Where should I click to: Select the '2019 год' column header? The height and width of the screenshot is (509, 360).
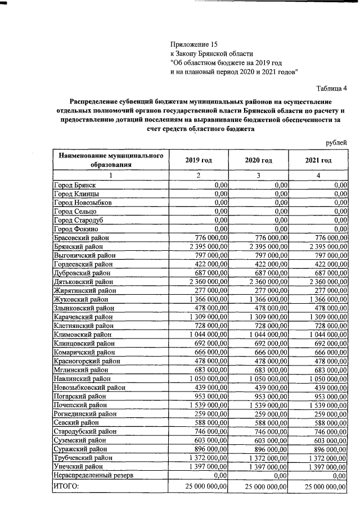pyautogui.click(x=198, y=160)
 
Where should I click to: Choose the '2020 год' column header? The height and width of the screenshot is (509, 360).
pyautogui.click(x=258, y=160)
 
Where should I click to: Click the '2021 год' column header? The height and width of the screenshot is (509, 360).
pyautogui.click(x=318, y=160)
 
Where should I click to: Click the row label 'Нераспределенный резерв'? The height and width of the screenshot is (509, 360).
pyautogui.click(x=93, y=475)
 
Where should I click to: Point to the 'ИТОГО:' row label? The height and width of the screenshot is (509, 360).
pyautogui.click(x=66, y=485)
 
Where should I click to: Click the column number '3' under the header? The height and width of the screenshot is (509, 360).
pyautogui.click(x=258, y=175)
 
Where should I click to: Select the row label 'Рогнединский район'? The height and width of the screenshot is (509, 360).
pyautogui.click(x=85, y=413)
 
